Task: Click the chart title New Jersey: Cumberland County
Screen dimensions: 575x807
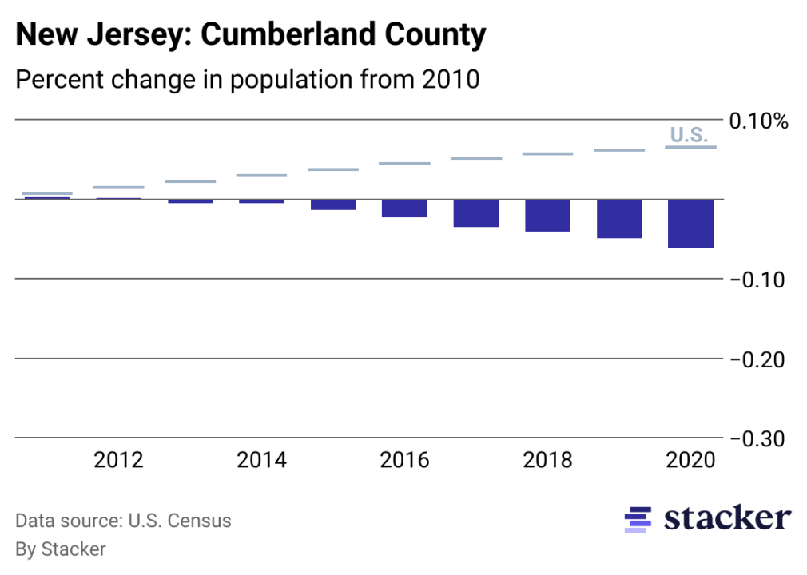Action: (x=250, y=35)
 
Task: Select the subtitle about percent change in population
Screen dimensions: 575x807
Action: (x=247, y=80)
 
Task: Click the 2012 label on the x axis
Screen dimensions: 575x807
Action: (x=118, y=461)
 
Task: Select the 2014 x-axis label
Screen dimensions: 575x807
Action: (x=261, y=461)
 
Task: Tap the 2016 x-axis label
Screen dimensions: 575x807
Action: (x=404, y=461)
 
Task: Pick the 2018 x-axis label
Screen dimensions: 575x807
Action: (x=547, y=461)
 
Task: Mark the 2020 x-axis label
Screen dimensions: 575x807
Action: (x=690, y=461)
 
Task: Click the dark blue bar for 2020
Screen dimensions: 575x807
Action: (x=690, y=224)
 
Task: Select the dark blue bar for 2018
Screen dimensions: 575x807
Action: (x=547, y=216)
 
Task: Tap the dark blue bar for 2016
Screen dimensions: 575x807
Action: (x=404, y=208)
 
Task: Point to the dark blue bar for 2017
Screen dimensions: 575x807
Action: (x=476, y=213)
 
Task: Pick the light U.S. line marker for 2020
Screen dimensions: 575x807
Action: (x=690, y=147)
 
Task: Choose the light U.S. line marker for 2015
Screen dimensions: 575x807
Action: (x=333, y=169)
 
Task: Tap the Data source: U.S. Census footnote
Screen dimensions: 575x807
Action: (x=123, y=521)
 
